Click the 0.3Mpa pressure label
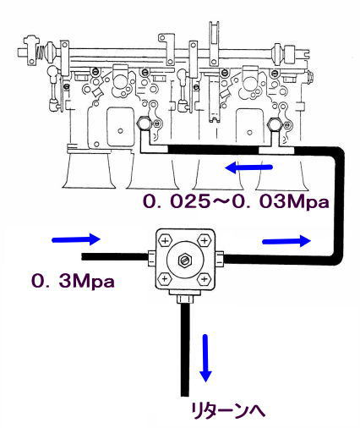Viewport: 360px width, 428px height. (73, 281)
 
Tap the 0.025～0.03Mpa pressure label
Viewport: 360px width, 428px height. (236, 202)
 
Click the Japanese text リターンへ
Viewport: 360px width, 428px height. (228, 410)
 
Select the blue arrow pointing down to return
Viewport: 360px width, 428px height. (205, 358)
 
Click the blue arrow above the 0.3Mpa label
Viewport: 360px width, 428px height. (76, 239)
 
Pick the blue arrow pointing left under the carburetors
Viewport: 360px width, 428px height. (248, 168)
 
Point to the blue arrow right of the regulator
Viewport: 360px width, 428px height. (286, 241)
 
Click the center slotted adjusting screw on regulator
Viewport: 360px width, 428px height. (185, 260)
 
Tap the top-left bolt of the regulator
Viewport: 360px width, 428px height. (166, 241)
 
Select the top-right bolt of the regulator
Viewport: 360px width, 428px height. (205, 241)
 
